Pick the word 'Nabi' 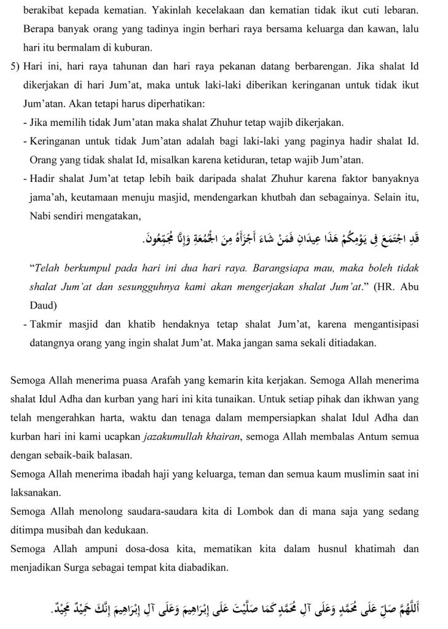41,216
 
